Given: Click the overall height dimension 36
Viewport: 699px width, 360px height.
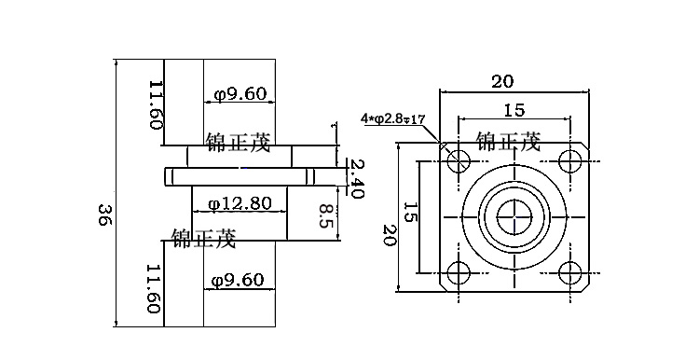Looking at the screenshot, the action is point(104,215).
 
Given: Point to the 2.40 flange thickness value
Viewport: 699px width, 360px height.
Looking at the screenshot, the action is point(357,178).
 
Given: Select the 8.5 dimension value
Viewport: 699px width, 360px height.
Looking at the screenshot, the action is point(327,215).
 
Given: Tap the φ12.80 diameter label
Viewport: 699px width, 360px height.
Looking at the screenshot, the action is point(240,203).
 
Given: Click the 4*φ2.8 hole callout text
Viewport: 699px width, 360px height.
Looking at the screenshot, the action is point(393,118).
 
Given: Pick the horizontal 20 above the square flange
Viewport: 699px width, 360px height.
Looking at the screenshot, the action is point(503,82).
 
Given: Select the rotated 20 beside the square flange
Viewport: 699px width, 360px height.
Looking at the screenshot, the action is point(390,235).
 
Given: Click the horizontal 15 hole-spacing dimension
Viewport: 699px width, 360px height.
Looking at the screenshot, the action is point(514,110).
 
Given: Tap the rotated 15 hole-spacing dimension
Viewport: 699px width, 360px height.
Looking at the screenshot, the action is point(410,212).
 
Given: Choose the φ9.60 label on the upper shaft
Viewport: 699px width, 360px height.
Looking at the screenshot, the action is point(240,94).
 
